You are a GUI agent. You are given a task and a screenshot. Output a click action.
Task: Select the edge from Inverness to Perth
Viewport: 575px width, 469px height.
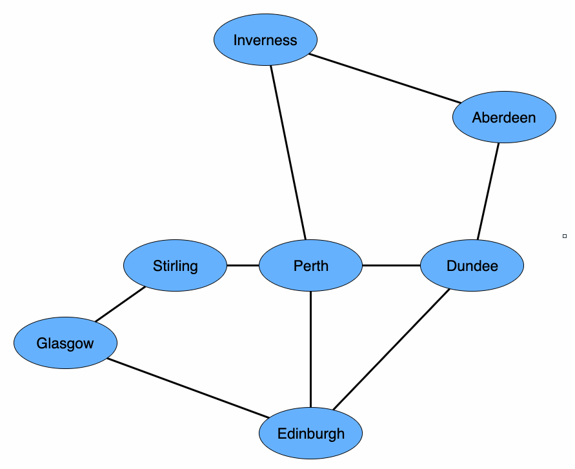288,152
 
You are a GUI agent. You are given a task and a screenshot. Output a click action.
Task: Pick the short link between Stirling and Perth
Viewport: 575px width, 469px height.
243,265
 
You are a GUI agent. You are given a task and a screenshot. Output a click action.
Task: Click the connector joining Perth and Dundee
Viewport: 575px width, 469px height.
391,265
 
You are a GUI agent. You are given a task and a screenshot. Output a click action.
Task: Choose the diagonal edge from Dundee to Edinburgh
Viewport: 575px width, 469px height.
391,349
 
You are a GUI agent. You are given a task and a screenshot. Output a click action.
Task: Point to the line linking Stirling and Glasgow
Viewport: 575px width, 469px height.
120,304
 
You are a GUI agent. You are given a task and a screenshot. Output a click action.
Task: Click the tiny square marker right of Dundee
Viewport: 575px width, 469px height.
565,236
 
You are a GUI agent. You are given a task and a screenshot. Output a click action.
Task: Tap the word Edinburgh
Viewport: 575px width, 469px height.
310,434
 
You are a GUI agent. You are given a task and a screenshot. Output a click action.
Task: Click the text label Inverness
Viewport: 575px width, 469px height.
265,40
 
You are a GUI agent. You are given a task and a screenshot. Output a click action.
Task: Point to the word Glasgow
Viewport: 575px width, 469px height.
65,343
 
